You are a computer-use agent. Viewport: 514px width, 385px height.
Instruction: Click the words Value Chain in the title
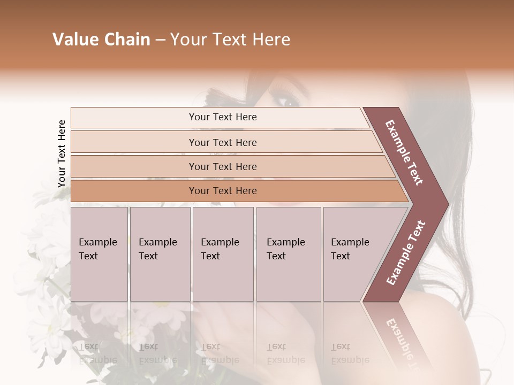(x=101, y=40)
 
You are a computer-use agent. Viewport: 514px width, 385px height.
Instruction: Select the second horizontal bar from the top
(x=223, y=142)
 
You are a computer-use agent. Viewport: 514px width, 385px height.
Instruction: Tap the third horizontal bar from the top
(x=223, y=166)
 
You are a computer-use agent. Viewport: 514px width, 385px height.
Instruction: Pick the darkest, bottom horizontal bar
(x=223, y=191)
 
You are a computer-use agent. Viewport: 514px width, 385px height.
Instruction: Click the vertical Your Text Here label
(x=62, y=153)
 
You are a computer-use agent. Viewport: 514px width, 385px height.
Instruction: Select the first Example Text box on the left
(x=99, y=253)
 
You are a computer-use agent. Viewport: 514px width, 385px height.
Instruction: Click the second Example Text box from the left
(x=160, y=253)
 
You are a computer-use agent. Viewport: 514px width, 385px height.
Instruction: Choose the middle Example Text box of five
(x=223, y=253)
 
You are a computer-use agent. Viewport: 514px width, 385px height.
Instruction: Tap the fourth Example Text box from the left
(x=289, y=253)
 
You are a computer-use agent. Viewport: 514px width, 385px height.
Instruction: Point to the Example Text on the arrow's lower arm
(x=406, y=252)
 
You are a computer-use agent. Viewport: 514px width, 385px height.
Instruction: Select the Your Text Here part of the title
(x=230, y=40)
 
